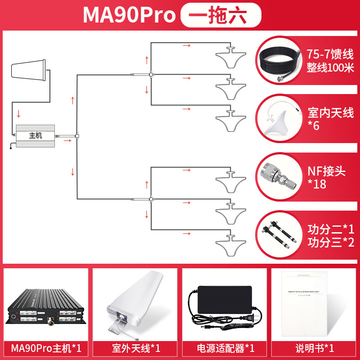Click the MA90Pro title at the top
(129, 15)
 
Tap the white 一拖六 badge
(220, 15)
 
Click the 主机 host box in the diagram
(35, 135)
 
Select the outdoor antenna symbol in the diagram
(28, 70)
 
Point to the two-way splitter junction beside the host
(77, 136)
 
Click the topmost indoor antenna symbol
(231, 56)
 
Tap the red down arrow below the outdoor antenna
(18, 112)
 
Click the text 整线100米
(331, 67)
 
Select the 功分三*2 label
(331, 242)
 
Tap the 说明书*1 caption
(315, 348)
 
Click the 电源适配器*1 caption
(225, 348)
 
